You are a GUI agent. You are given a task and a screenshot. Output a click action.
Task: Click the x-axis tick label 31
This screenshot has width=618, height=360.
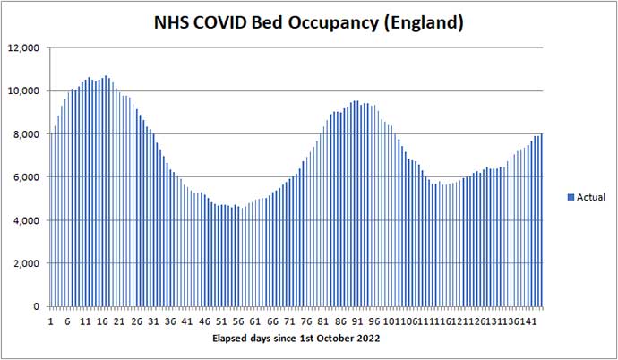pyautogui.click(x=154, y=321)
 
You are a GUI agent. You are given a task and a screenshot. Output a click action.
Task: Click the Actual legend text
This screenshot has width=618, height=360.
pyautogui.click(x=590, y=196)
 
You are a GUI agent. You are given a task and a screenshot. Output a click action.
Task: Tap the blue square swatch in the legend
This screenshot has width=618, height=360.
pyautogui.click(x=571, y=196)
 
